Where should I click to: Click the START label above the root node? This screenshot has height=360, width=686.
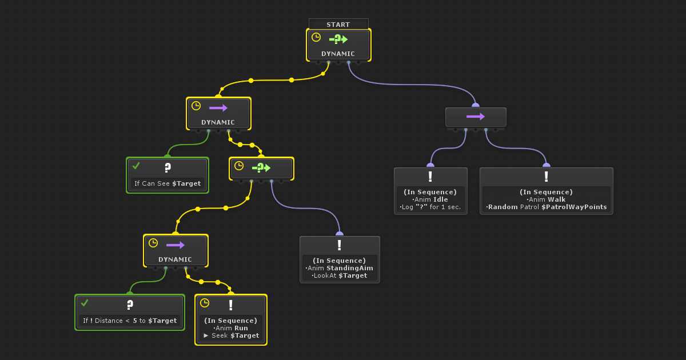(x=338, y=25)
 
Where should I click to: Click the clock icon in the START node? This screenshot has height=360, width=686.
(x=316, y=37)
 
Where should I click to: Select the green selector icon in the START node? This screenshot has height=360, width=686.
(x=338, y=39)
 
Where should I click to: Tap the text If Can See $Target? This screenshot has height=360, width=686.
(x=167, y=183)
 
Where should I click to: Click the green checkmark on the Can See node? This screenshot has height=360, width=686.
(x=136, y=166)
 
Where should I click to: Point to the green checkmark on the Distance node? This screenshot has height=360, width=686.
(x=85, y=303)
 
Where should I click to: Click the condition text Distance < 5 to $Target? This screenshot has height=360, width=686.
(x=130, y=321)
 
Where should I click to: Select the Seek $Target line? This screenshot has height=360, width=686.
(x=231, y=335)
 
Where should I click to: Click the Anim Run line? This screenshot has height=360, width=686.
(x=231, y=328)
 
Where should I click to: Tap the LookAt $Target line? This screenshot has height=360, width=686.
(x=340, y=275)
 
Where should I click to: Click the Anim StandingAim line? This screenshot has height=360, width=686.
(x=340, y=268)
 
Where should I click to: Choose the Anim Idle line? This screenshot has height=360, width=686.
(x=430, y=199)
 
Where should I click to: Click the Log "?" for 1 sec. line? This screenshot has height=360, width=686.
(x=430, y=207)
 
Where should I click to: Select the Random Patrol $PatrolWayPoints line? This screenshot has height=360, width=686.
(x=547, y=207)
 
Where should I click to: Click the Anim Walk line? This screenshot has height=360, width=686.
(x=547, y=199)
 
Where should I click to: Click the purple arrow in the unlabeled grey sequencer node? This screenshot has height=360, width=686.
(x=476, y=117)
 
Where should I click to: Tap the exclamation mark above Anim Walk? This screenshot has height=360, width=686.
(x=547, y=177)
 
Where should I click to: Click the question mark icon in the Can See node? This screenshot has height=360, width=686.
(x=167, y=167)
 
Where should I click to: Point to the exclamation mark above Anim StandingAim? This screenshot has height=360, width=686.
(x=340, y=245)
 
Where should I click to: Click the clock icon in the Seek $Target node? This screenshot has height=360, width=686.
(x=205, y=303)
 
